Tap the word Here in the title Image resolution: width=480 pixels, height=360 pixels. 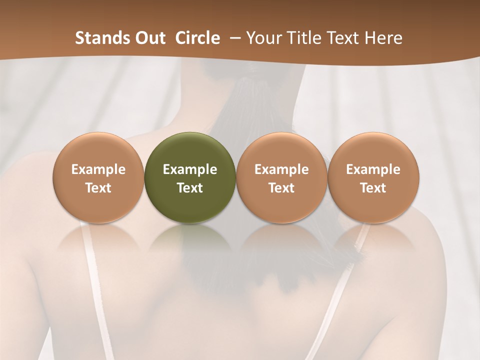(383, 38)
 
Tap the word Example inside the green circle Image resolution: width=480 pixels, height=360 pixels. (190, 169)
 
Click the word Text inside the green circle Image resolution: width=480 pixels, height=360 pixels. (190, 188)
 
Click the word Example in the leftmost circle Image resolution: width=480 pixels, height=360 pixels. (98, 169)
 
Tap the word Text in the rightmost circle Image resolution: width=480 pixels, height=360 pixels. (373, 188)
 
